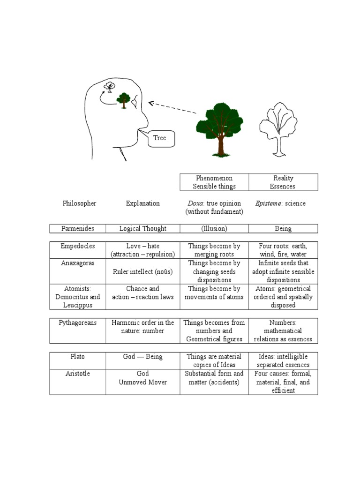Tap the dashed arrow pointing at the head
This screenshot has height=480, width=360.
pos(172,108)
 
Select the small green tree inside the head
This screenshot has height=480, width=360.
pos(124,100)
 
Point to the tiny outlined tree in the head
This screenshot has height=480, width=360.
pos(110,87)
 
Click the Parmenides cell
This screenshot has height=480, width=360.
pos(78,229)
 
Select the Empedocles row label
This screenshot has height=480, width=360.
pos(78,246)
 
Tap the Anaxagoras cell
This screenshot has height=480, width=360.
pos(78,263)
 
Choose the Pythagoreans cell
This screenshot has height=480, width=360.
pos(78,323)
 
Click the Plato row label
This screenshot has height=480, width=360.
pos(78,357)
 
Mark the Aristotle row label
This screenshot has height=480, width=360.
pos(78,374)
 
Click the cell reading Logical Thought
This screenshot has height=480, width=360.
pos(143,229)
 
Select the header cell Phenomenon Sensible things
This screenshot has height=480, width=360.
pos(214,182)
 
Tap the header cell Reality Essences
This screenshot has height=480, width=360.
pos(283,182)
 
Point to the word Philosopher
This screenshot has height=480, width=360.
pos(79,203)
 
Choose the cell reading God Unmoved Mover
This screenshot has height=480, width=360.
pos(143,378)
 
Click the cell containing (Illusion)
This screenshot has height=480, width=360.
pos(214,229)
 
